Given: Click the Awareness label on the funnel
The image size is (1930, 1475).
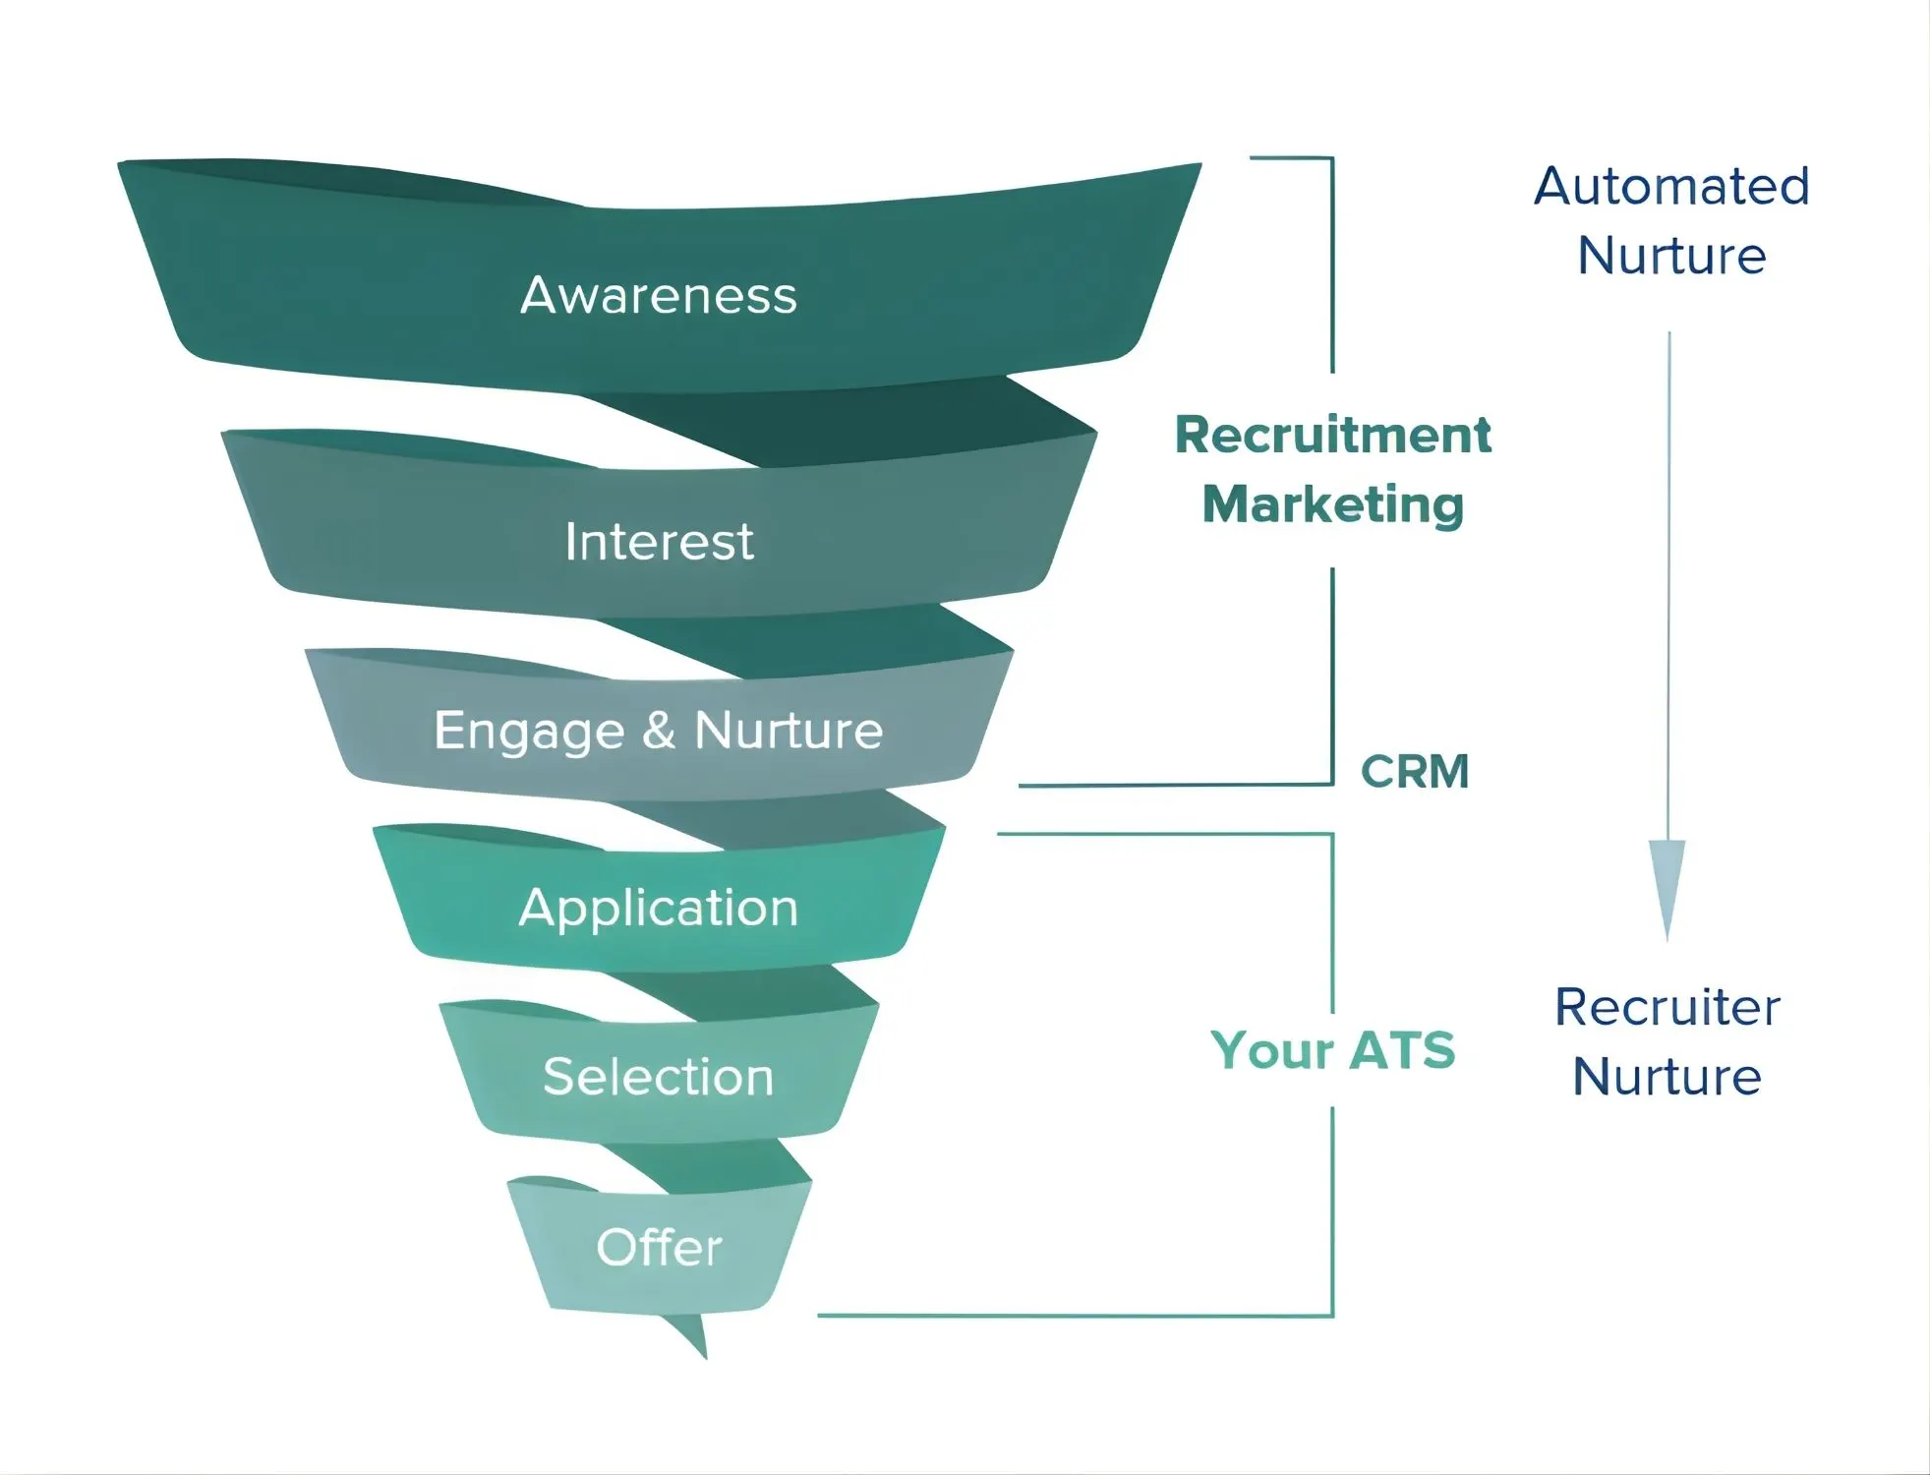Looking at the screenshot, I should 658,295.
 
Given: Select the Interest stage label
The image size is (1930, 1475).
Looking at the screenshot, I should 659,542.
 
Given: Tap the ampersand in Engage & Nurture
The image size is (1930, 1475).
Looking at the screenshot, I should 659,730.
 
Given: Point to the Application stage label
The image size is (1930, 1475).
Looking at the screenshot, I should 658,907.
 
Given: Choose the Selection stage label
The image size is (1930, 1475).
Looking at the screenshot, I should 658,1076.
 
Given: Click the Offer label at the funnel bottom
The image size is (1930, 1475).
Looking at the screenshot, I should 659,1247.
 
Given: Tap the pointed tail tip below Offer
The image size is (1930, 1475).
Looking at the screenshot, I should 704,1355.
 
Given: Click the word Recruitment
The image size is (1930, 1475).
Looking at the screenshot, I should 1332,435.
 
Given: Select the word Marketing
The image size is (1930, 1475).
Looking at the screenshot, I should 1332,504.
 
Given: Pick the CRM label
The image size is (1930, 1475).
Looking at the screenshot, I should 1414,771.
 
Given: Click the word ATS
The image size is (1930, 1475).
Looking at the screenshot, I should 1402,1049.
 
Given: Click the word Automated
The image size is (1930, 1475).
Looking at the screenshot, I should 1670,186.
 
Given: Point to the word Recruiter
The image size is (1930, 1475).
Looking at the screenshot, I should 1667,1007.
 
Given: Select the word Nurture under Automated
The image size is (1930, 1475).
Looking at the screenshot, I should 1670,256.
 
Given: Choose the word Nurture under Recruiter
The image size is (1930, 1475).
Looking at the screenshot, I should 1667,1076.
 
